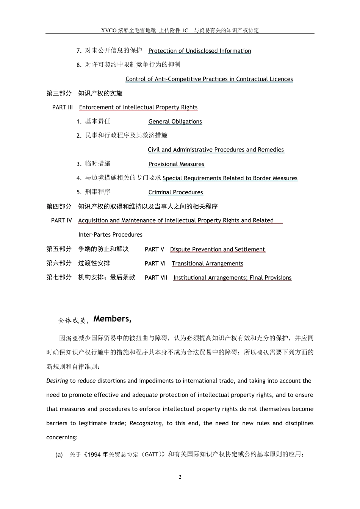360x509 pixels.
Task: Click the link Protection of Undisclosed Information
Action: click(x=200, y=51)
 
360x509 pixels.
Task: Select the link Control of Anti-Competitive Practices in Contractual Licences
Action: click(x=209, y=79)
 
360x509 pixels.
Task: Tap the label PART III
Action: click(x=63, y=107)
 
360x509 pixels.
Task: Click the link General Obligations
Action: click(x=175, y=122)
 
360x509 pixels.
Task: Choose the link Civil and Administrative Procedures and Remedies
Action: click(x=216, y=150)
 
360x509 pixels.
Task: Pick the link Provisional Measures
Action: click(x=176, y=164)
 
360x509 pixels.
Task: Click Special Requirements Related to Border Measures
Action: click(x=230, y=178)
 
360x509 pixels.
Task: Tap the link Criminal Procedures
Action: click(x=176, y=192)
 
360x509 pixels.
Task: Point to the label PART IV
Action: click(x=61, y=220)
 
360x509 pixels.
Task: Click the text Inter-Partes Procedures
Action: click(x=110, y=235)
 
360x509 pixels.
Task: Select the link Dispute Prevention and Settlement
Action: click(x=218, y=249)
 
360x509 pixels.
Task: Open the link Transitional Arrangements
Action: click(x=207, y=264)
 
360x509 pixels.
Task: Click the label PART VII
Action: click(x=156, y=278)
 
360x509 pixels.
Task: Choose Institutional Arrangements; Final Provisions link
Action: click(x=232, y=278)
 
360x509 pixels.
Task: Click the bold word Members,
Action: click(x=113, y=319)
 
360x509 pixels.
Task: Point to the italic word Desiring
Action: click(x=57, y=381)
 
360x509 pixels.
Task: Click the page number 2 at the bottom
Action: click(x=180, y=477)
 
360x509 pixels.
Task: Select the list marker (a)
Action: click(x=59, y=454)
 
